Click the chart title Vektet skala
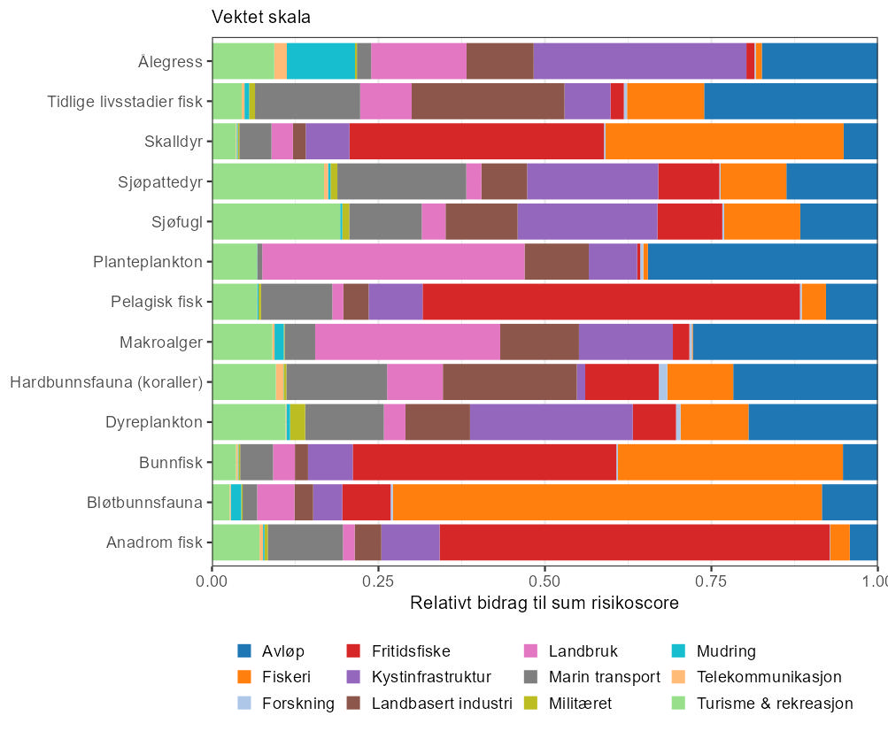tap(260, 18)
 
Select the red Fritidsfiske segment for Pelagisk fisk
tap(611, 302)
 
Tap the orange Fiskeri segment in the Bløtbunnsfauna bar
tap(606, 502)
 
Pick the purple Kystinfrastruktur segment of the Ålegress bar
tap(639, 62)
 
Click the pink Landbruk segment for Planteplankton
tap(393, 262)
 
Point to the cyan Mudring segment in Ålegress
tap(320, 62)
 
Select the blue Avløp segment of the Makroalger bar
tap(784, 342)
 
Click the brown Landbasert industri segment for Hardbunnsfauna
tap(509, 382)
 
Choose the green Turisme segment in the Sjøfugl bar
tap(276, 222)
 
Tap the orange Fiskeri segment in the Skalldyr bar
tap(724, 142)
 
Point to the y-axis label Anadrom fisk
tap(154, 542)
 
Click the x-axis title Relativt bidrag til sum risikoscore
tap(544, 604)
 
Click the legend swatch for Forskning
tap(245, 704)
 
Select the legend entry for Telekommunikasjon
tap(769, 678)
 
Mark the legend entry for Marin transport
tap(605, 678)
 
